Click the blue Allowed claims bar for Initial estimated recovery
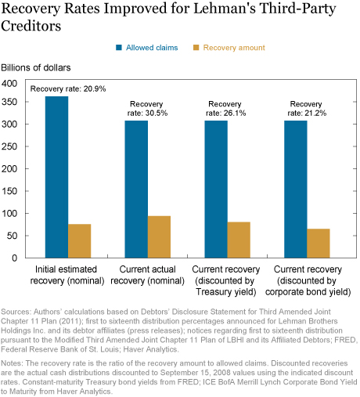pyautogui.click(x=56, y=177)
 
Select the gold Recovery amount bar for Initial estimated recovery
pyautogui.click(x=80, y=241)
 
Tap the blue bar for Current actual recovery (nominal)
pyautogui.click(x=136, y=189)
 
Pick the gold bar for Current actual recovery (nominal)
pyautogui.click(x=159, y=237)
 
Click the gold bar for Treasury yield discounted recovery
pyautogui.click(x=239, y=240)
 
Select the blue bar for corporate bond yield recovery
pyautogui.click(x=296, y=189)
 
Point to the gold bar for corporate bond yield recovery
pyautogui.click(x=319, y=244)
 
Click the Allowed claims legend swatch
pyautogui.click(x=119, y=48)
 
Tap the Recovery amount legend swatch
pyautogui.click(x=196, y=48)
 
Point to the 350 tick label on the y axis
pyautogui.click(x=9, y=102)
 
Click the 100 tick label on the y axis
pyautogui.click(x=9, y=214)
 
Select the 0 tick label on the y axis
pyautogui.click(x=15, y=258)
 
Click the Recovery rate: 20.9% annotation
pyautogui.click(x=68, y=88)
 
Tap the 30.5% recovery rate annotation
pyautogui.click(x=147, y=109)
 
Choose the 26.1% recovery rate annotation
pyautogui.click(x=226, y=109)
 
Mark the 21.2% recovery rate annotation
pyautogui.click(x=307, y=109)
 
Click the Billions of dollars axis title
pyautogui.click(x=36, y=67)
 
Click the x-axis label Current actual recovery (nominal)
pyautogui.click(x=148, y=275)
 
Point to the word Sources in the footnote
pyautogui.click(x=16, y=312)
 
